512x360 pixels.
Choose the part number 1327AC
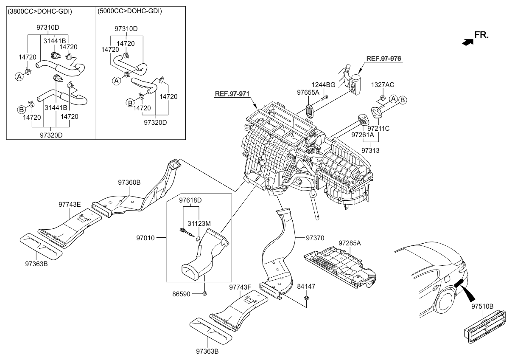tap(382, 84)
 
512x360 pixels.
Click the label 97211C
tap(378, 128)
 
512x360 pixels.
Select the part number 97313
tap(370, 150)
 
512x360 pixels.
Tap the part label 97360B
tap(129, 183)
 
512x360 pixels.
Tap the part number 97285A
tap(350, 243)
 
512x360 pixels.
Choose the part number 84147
tap(306, 287)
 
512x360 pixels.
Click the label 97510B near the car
tap(482, 306)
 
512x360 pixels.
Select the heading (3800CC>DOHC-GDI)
tap(40, 12)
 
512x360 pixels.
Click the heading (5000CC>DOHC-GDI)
tap(129, 12)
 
